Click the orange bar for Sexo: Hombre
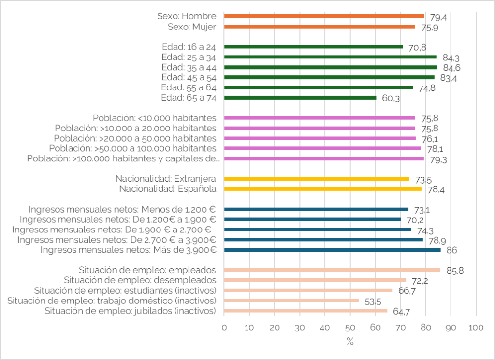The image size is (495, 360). click(324, 16)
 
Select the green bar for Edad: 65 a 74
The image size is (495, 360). click(300, 98)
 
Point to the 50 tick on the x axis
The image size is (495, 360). click(350, 327)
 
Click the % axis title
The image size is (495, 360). click(350, 341)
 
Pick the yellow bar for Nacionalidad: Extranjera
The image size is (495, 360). click(317, 179)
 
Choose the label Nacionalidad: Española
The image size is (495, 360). click(168, 189)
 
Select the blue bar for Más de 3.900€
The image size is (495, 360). click(333, 250)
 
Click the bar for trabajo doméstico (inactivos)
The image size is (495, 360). click(291, 301)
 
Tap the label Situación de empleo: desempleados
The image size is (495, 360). click(140, 280)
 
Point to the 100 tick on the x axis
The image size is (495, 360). click(476, 327)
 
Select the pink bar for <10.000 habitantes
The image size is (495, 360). click(320, 118)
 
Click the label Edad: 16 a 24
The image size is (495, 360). click(189, 47)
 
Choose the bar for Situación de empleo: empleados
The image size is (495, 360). click(332, 270)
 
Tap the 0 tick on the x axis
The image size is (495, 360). click(224, 327)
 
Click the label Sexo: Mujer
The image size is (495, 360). click(192, 27)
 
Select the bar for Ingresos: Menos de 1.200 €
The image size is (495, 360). click(316, 209)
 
